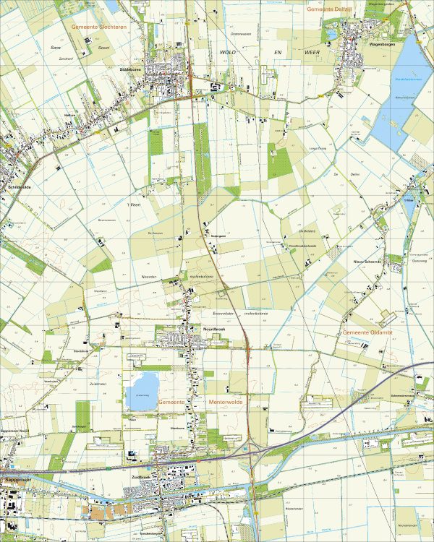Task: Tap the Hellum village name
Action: coord(70,115)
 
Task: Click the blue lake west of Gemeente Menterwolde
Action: coord(141,391)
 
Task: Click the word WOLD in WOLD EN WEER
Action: coord(229,53)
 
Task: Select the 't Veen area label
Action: coord(133,206)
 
